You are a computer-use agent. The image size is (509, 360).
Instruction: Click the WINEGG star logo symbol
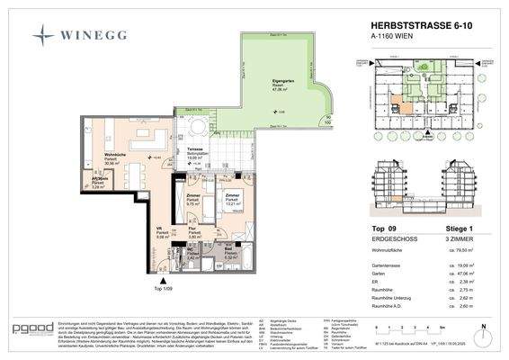(x=44, y=35)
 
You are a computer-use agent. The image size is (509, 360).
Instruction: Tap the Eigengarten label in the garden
(x=260, y=81)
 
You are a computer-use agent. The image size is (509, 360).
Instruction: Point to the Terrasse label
(x=195, y=149)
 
